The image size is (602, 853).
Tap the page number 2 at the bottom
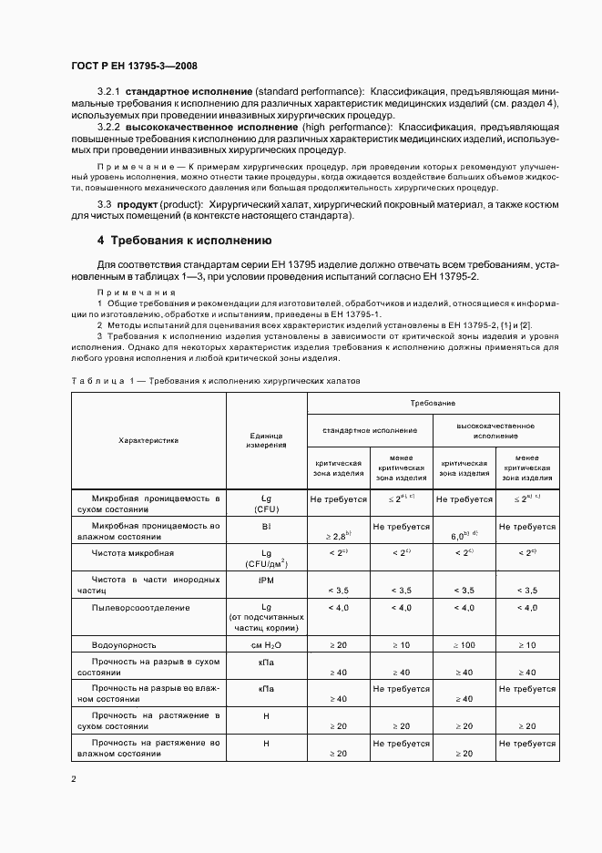pyautogui.click(x=73, y=779)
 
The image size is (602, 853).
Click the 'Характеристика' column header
pyautogui.click(x=148, y=440)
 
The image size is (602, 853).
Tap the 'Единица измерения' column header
pyautogui.click(x=266, y=440)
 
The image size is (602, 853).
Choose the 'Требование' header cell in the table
pyautogui.click(x=433, y=402)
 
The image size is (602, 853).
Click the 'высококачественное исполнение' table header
pyautogui.click(x=495, y=430)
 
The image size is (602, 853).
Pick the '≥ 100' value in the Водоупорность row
pyautogui.click(x=464, y=644)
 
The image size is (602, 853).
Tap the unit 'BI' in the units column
pyautogui.click(x=266, y=527)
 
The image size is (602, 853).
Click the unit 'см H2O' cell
pyautogui.click(x=266, y=644)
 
